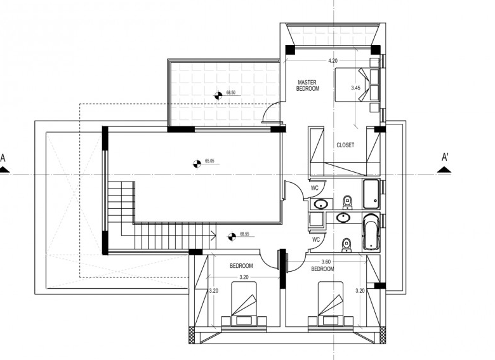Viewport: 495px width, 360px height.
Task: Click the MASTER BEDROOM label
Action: tap(308, 86)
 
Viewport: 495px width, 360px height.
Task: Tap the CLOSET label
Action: tap(345, 145)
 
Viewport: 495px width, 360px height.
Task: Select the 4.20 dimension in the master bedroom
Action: tap(333, 60)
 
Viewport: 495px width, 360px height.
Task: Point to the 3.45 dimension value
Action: tap(355, 88)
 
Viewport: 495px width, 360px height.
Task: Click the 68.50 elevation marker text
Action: tap(231, 93)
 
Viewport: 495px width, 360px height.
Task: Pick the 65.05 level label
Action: tap(209, 161)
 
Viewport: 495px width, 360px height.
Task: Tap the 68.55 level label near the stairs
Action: tap(244, 234)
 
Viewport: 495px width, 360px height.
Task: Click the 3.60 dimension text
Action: tap(326, 262)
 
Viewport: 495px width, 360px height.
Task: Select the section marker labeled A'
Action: tap(445, 163)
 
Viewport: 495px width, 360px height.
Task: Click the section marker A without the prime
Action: tap(3, 163)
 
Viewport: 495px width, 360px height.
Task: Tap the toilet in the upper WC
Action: tap(347, 203)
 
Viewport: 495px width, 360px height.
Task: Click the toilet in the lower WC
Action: tap(346, 245)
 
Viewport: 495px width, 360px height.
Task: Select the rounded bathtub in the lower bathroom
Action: tap(371, 233)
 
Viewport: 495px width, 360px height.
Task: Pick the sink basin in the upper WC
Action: tap(321, 204)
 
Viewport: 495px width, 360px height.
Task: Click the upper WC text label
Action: tap(315, 188)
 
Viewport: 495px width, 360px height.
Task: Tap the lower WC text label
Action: tap(316, 240)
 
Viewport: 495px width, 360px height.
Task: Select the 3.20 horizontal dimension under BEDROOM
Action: tap(244, 277)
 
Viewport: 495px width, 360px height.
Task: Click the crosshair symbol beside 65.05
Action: tap(197, 164)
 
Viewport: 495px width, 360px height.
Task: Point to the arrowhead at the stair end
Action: tap(214, 236)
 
